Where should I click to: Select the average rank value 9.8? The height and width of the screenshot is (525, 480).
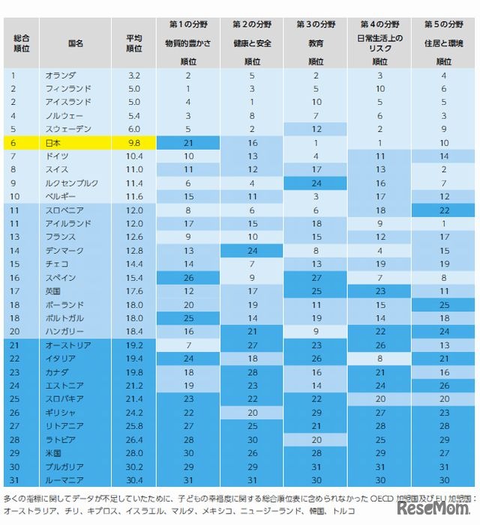click(x=134, y=142)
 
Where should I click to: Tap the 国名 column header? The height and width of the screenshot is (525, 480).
click(x=76, y=43)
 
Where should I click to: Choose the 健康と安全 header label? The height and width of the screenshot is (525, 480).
click(x=252, y=43)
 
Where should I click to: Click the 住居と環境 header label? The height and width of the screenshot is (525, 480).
click(x=444, y=43)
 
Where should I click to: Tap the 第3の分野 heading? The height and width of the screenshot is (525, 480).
click(x=316, y=24)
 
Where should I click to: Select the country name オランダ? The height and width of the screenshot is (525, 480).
click(x=59, y=76)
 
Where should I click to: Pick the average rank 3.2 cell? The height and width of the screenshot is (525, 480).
click(x=134, y=76)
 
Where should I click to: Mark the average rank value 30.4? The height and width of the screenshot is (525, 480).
click(x=134, y=479)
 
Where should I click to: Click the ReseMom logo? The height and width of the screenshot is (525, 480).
click(x=434, y=509)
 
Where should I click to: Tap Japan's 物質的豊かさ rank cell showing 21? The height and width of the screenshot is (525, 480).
click(x=188, y=142)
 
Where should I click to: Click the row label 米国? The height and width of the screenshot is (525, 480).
click(x=54, y=452)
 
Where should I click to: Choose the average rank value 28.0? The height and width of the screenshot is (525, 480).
click(x=134, y=452)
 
